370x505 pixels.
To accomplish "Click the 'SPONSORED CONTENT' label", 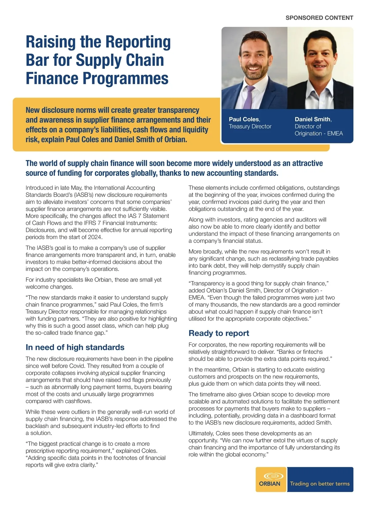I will (x=319, y=18).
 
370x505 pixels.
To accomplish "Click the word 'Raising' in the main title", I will (x=51, y=42).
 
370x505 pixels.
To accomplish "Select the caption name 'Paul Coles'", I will (x=244, y=119).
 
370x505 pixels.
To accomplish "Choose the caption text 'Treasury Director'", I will (x=250, y=126).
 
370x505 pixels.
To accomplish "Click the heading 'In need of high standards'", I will (x=75, y=347).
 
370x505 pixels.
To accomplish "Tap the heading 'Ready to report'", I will (x=219, y=333).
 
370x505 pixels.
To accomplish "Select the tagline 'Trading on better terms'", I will (x=320, y=484).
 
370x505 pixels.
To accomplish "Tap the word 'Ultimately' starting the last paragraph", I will (x=201, y=433).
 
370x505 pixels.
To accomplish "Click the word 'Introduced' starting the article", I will (x=39, y=188).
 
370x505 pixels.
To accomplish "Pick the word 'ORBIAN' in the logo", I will (x=269, y=484).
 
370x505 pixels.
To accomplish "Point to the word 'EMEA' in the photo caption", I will (x=335, y=133).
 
